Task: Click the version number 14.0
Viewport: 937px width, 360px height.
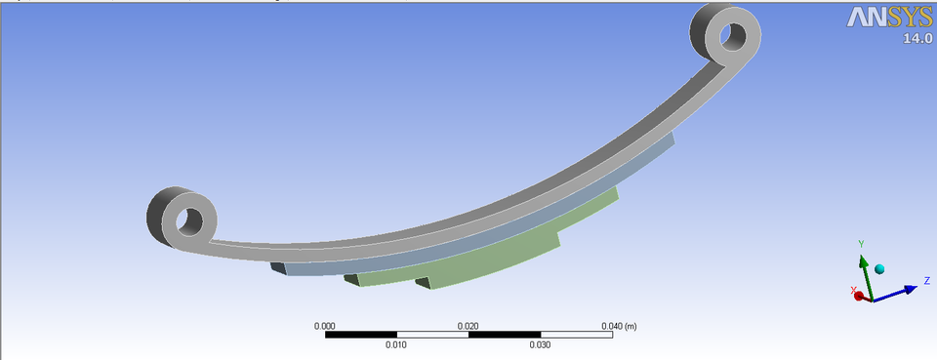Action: point(917,39)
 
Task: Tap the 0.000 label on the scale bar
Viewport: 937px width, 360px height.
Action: point(325,326)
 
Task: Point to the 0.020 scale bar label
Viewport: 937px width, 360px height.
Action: point(468,326)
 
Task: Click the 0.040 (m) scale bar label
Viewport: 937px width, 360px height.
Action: point(619,326)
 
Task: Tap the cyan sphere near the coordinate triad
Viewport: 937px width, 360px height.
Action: point(879,269)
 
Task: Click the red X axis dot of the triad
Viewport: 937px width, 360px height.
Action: point(859,296)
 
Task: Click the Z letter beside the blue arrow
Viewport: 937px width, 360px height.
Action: point(925,281)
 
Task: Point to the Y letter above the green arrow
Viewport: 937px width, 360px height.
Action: point(861,244)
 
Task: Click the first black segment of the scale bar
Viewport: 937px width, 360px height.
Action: point(360,335)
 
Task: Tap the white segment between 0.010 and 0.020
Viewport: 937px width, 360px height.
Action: point(432,335)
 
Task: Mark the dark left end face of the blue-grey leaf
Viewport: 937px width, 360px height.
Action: point(279,268)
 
